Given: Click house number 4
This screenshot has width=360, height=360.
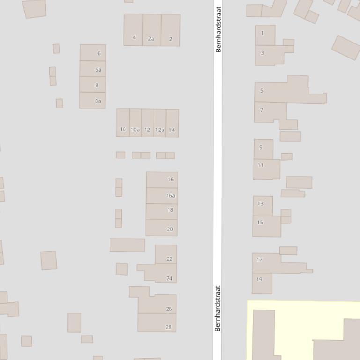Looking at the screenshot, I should pyautogui.click(x=134, y=37).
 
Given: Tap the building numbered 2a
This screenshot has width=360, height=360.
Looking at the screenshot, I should pyautogui.click(x=151, y=39).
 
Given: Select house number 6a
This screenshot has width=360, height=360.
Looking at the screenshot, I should pyautogui.click(x=98, y=70).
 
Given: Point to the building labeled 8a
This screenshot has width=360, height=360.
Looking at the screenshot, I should pyautogui.click(x=98, y=101).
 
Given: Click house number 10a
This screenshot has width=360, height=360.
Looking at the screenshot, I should pyautogui.click(x=135, y=130).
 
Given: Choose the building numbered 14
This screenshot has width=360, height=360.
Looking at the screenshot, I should pyautogui.click(x=172, y=130).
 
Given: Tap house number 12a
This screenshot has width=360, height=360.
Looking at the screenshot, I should pyautogui.click(x=160, y=130).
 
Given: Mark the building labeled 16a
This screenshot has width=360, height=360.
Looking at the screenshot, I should pyautogui.click(x=170, y=196).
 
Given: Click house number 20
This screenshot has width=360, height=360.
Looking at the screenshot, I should pyautogui.click(x=170, y=229).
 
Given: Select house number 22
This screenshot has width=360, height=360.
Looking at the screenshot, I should pyautogui.click(x=169, y=259).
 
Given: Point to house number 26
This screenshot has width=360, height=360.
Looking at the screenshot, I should pyautogui.click(x=169, y=309).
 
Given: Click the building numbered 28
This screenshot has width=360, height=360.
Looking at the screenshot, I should pyautogui.click(x=169, y=327).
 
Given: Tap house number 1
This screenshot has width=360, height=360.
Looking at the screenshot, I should pyautogui.click(x=262, y=33).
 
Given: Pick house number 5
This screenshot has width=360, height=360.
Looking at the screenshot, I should pyautogui.click(x=262, y=91).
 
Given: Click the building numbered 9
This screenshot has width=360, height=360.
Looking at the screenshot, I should pyautogui.click(x=261, y=147).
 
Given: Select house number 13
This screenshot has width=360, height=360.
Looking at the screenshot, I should pyautogui.click(x=260, y=203).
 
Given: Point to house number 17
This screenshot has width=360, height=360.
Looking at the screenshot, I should pyautogui.click(x=260, y=259).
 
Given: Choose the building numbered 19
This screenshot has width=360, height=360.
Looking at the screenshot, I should pyautogui.click(x=259, y=279).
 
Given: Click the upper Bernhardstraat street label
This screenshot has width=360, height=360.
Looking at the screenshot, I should pyautogui.click(x=218, y=29).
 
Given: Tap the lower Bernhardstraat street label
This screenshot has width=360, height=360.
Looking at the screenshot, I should pyautogui.click(x=218, y=308).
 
